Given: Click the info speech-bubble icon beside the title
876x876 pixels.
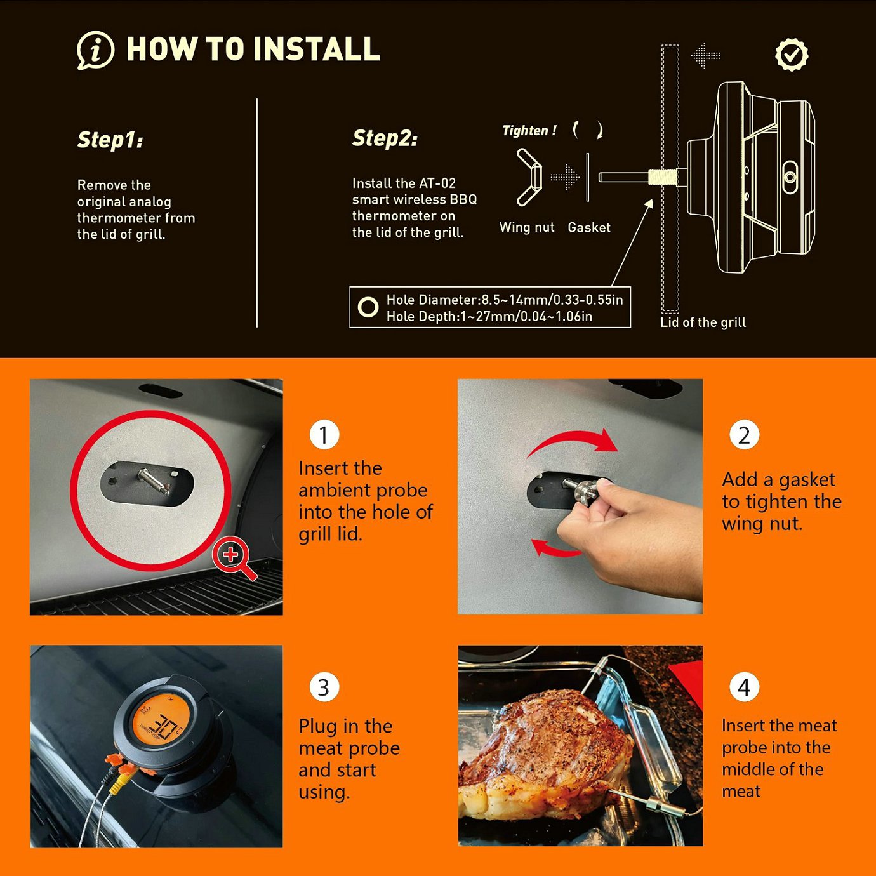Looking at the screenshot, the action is point(95,50).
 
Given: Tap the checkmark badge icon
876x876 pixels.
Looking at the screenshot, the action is point(791,55).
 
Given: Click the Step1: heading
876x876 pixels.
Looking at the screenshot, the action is point(110,139).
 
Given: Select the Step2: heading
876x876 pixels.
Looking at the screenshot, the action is point(385,138).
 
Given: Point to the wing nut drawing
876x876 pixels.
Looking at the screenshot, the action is point(529,177).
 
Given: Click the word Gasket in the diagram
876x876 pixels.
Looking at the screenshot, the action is point(588,227).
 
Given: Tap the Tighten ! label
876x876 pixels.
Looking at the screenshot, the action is point(529,131).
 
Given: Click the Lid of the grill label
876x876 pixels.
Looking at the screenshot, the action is point(703,322).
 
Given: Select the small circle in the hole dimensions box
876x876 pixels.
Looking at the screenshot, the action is point(368,307).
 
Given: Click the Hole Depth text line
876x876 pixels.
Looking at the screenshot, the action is point(489,316).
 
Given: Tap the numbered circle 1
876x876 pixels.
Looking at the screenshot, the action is point(324,435).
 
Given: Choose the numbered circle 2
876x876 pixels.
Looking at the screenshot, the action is point(744,435).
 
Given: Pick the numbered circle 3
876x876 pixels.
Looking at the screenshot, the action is point(324,687).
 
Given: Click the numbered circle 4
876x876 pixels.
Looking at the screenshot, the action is point(744,687).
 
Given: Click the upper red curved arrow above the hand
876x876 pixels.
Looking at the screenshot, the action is point(573,441).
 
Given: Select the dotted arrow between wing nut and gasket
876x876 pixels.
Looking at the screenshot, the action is point(564,177).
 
